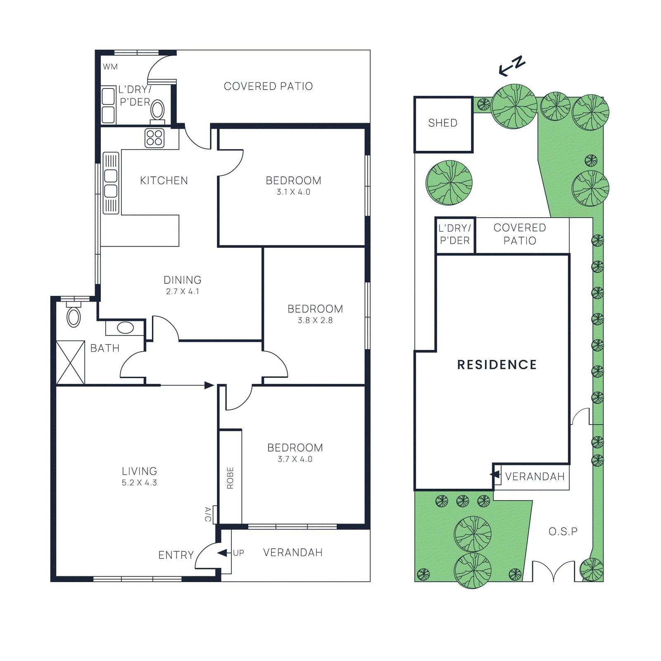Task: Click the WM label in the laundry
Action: pos(110,67)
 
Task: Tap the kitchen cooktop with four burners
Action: pos(155,138)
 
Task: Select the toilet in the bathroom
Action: pos(74,316)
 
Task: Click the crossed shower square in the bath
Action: pos(70,362)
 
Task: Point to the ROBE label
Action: pos(230,478)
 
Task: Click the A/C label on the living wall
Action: pos(208,514)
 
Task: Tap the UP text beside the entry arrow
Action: pos(238,553)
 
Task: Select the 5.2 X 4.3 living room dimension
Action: pos(139,483)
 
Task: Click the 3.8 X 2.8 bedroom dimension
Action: pos(315,320)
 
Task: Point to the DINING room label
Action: pos(182,280)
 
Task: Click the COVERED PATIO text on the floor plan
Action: pos(268,86)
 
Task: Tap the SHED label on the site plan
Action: pos(442,123)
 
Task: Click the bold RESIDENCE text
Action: pos(497,364)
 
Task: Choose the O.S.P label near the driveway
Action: pos(563,531)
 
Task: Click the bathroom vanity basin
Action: pos(125,328)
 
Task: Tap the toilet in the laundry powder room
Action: pos(157,110)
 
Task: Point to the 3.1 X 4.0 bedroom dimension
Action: pos(293,192)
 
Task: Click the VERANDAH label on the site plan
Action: pos(535,476)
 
